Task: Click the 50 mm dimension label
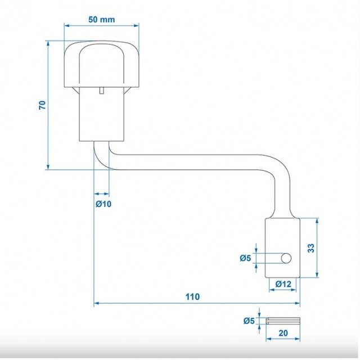click(101, 20)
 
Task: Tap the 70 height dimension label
click(43, 105)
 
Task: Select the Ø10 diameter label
click(103, 204)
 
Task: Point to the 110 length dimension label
click(192, 297)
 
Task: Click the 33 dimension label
click(311, 248)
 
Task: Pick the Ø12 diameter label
click(283, 284)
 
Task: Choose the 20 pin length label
click(283, 333)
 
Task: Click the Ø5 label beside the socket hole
click(245, 258)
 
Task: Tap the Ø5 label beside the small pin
click(249, 321)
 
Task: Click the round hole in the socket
click(286, 258)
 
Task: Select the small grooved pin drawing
click(283, 321)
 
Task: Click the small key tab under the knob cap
click(101, 91)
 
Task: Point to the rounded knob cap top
click(101, 64)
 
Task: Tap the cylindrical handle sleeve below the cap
click(101, 114)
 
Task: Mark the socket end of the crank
click(282, 248)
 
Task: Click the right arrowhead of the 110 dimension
click(298, 303)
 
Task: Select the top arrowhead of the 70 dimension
click(48, 44)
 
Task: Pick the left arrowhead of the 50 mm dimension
click(67, 25)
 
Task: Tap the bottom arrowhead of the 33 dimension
click(317, 275)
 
